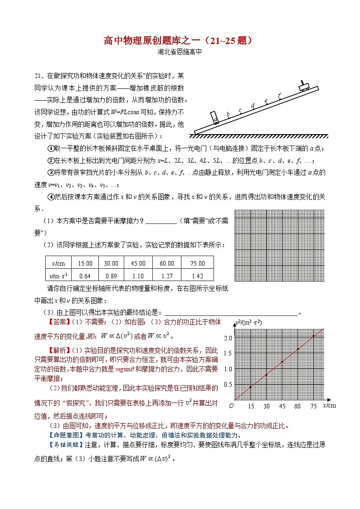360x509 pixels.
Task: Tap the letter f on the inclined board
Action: (279, 95)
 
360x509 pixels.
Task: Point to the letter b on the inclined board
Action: (228, 114)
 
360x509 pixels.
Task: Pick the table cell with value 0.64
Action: (85, 275)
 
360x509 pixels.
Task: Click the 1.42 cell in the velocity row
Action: (198, 275)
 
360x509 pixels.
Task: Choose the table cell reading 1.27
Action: (167, 275)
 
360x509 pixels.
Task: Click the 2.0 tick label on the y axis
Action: (228, 338)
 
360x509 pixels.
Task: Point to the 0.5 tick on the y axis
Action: (228, 385)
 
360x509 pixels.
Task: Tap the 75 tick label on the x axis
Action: (313, 407)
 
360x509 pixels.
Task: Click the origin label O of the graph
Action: (231, 406)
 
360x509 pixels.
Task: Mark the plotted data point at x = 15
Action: (250, 387)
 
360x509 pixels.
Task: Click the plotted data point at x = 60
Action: (297, 349)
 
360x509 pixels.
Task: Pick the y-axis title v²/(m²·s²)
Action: (249, 323)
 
